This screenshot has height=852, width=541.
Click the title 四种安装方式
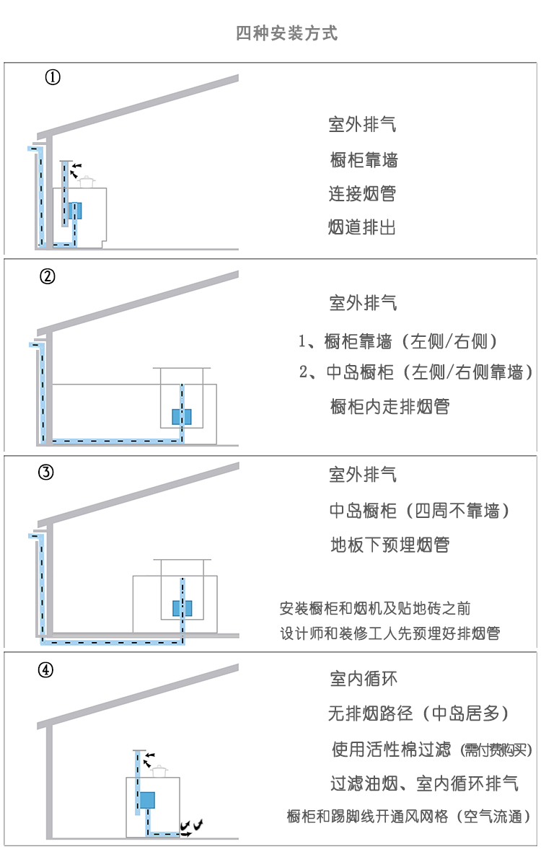click(286, 33)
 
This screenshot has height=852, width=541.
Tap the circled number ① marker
click(53, 77)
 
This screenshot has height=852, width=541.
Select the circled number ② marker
click(48, 276)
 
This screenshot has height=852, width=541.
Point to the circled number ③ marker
click(45, 473)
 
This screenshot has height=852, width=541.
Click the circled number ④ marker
click(45, 669)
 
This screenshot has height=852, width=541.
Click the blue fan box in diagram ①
click(75, 210)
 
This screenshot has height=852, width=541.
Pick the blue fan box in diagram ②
click(182, 416)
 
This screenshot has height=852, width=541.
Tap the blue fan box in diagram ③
click(182, 608)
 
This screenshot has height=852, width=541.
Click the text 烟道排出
click(362, 228)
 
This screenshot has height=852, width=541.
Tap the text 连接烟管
click(362, 194)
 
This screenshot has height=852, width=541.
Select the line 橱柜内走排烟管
click(390, 406)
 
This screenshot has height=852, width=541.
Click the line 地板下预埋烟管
click(390, 545)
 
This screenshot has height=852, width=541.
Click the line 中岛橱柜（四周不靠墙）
click(420, 511)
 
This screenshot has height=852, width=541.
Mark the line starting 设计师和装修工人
click(390, 633)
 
